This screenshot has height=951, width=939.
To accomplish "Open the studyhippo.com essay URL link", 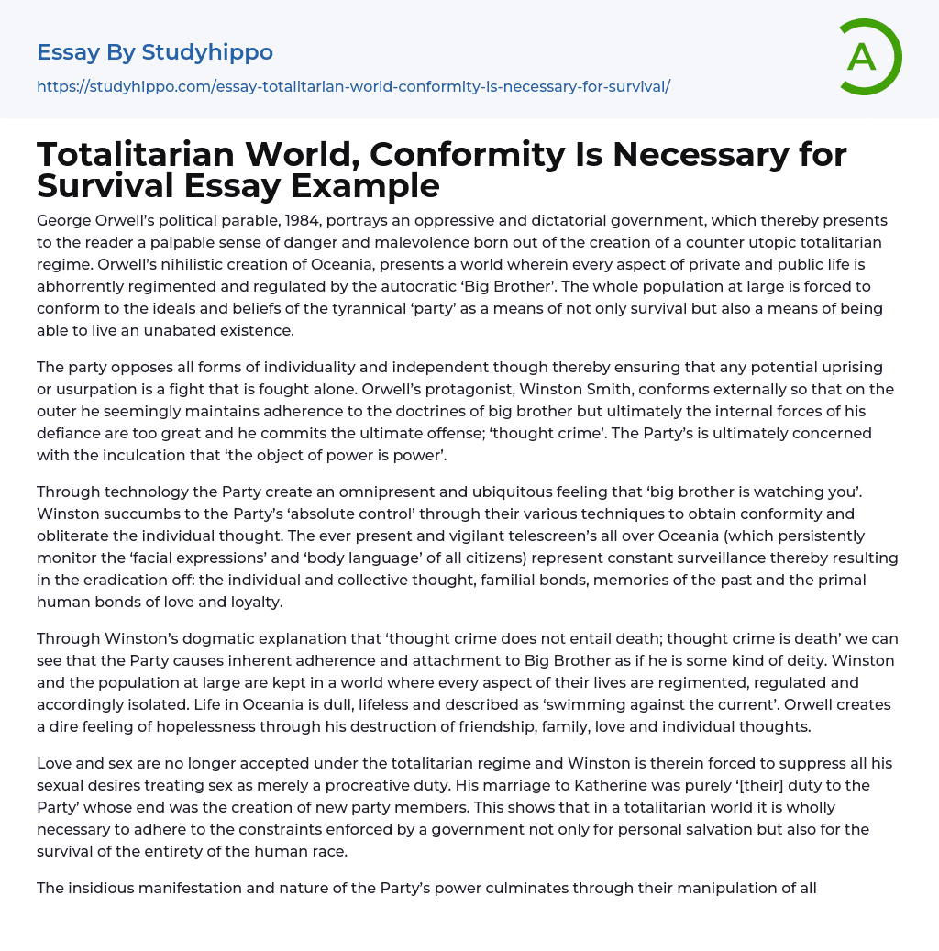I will point(353,86).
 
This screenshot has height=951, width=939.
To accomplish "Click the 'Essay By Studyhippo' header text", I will point(155,52).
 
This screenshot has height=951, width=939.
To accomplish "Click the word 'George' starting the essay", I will point(65,221).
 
